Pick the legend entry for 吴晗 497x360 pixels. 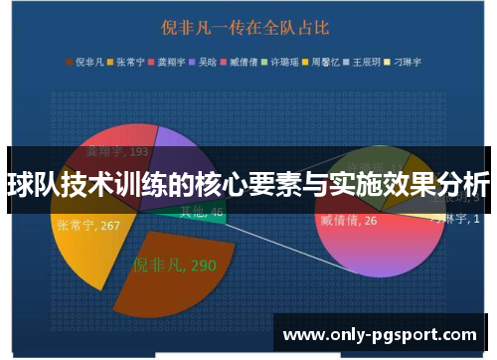(x=207, y=61)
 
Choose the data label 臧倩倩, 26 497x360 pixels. (x=349, y=219)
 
